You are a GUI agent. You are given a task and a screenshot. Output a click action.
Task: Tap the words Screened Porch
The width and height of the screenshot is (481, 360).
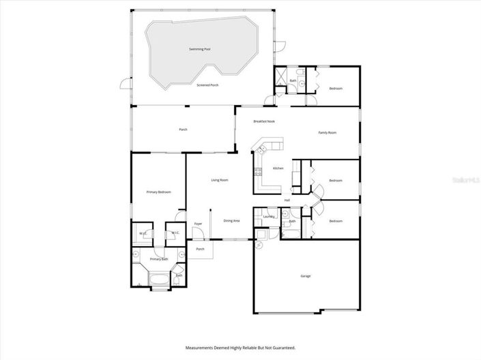pyautogui.click(x=207, y=85)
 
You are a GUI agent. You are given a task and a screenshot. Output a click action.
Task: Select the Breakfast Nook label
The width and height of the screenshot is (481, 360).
pyautogui.click(x=264, y=121)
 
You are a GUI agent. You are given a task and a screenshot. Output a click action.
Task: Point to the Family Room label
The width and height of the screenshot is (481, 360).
pyautogui.click(x=327, y=132)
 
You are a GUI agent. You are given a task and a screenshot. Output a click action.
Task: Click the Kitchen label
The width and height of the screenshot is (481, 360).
pyautogui.click(x=278, y=168)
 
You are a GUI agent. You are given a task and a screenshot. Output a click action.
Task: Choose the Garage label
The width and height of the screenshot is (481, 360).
pyautogui.click(x=305, y=276)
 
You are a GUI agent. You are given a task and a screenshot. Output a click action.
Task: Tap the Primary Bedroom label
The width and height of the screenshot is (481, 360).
pyautogui.click(x=158, y=192)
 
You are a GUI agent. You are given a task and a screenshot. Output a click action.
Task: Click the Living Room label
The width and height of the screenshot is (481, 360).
pyautogui.click(x=219, y=180)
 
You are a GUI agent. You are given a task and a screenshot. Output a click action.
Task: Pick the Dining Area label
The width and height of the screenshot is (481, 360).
pyautogui.click(x=231, y=220)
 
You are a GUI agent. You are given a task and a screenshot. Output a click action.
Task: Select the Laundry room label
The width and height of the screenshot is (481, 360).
pyautogui.click(x=268, y=217)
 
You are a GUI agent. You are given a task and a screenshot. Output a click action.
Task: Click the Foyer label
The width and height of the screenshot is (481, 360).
pyautogui.click(x=198, y=224)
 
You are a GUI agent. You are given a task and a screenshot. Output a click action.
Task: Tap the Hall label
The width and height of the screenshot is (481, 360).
pyautogui.click(x=287, y=200)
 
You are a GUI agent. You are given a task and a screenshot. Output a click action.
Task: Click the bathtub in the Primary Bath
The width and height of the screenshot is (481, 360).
pyautogui.click(x=158, y=278)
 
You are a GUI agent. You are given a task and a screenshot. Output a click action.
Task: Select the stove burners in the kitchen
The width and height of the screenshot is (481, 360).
pyautogui.click(x=258, y=172)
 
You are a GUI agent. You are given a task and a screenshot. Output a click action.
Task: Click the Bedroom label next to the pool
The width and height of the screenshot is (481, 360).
pyautogui.click(x=336, y=89)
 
